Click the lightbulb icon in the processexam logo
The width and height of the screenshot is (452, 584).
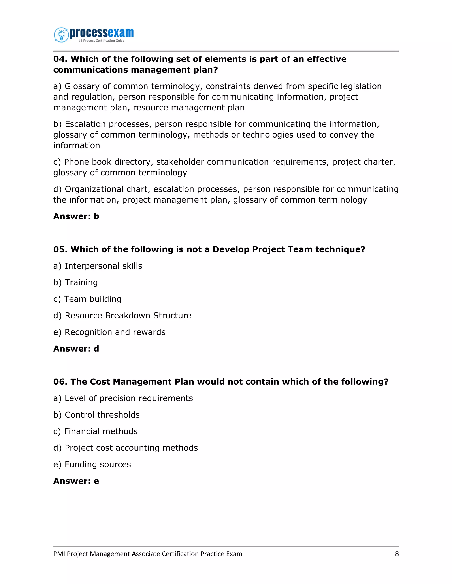pos(62,35)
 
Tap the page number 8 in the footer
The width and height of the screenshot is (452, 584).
pos(397,554)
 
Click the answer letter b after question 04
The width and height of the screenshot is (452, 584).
pos(96,216)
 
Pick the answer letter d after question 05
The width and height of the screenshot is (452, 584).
pos(96,349)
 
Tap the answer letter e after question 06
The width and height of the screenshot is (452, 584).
pos(96,481)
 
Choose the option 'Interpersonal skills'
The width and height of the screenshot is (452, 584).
pos(103,266)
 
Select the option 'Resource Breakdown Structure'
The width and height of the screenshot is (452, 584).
pos(128,316)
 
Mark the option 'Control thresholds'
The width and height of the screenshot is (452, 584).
pos(102,415)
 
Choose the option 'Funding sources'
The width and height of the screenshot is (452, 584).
pos(98,465)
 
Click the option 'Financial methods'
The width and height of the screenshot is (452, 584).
pos(101,431)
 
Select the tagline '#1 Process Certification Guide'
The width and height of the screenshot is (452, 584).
pos(101,41)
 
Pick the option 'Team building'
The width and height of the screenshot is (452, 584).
pos(93,299)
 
